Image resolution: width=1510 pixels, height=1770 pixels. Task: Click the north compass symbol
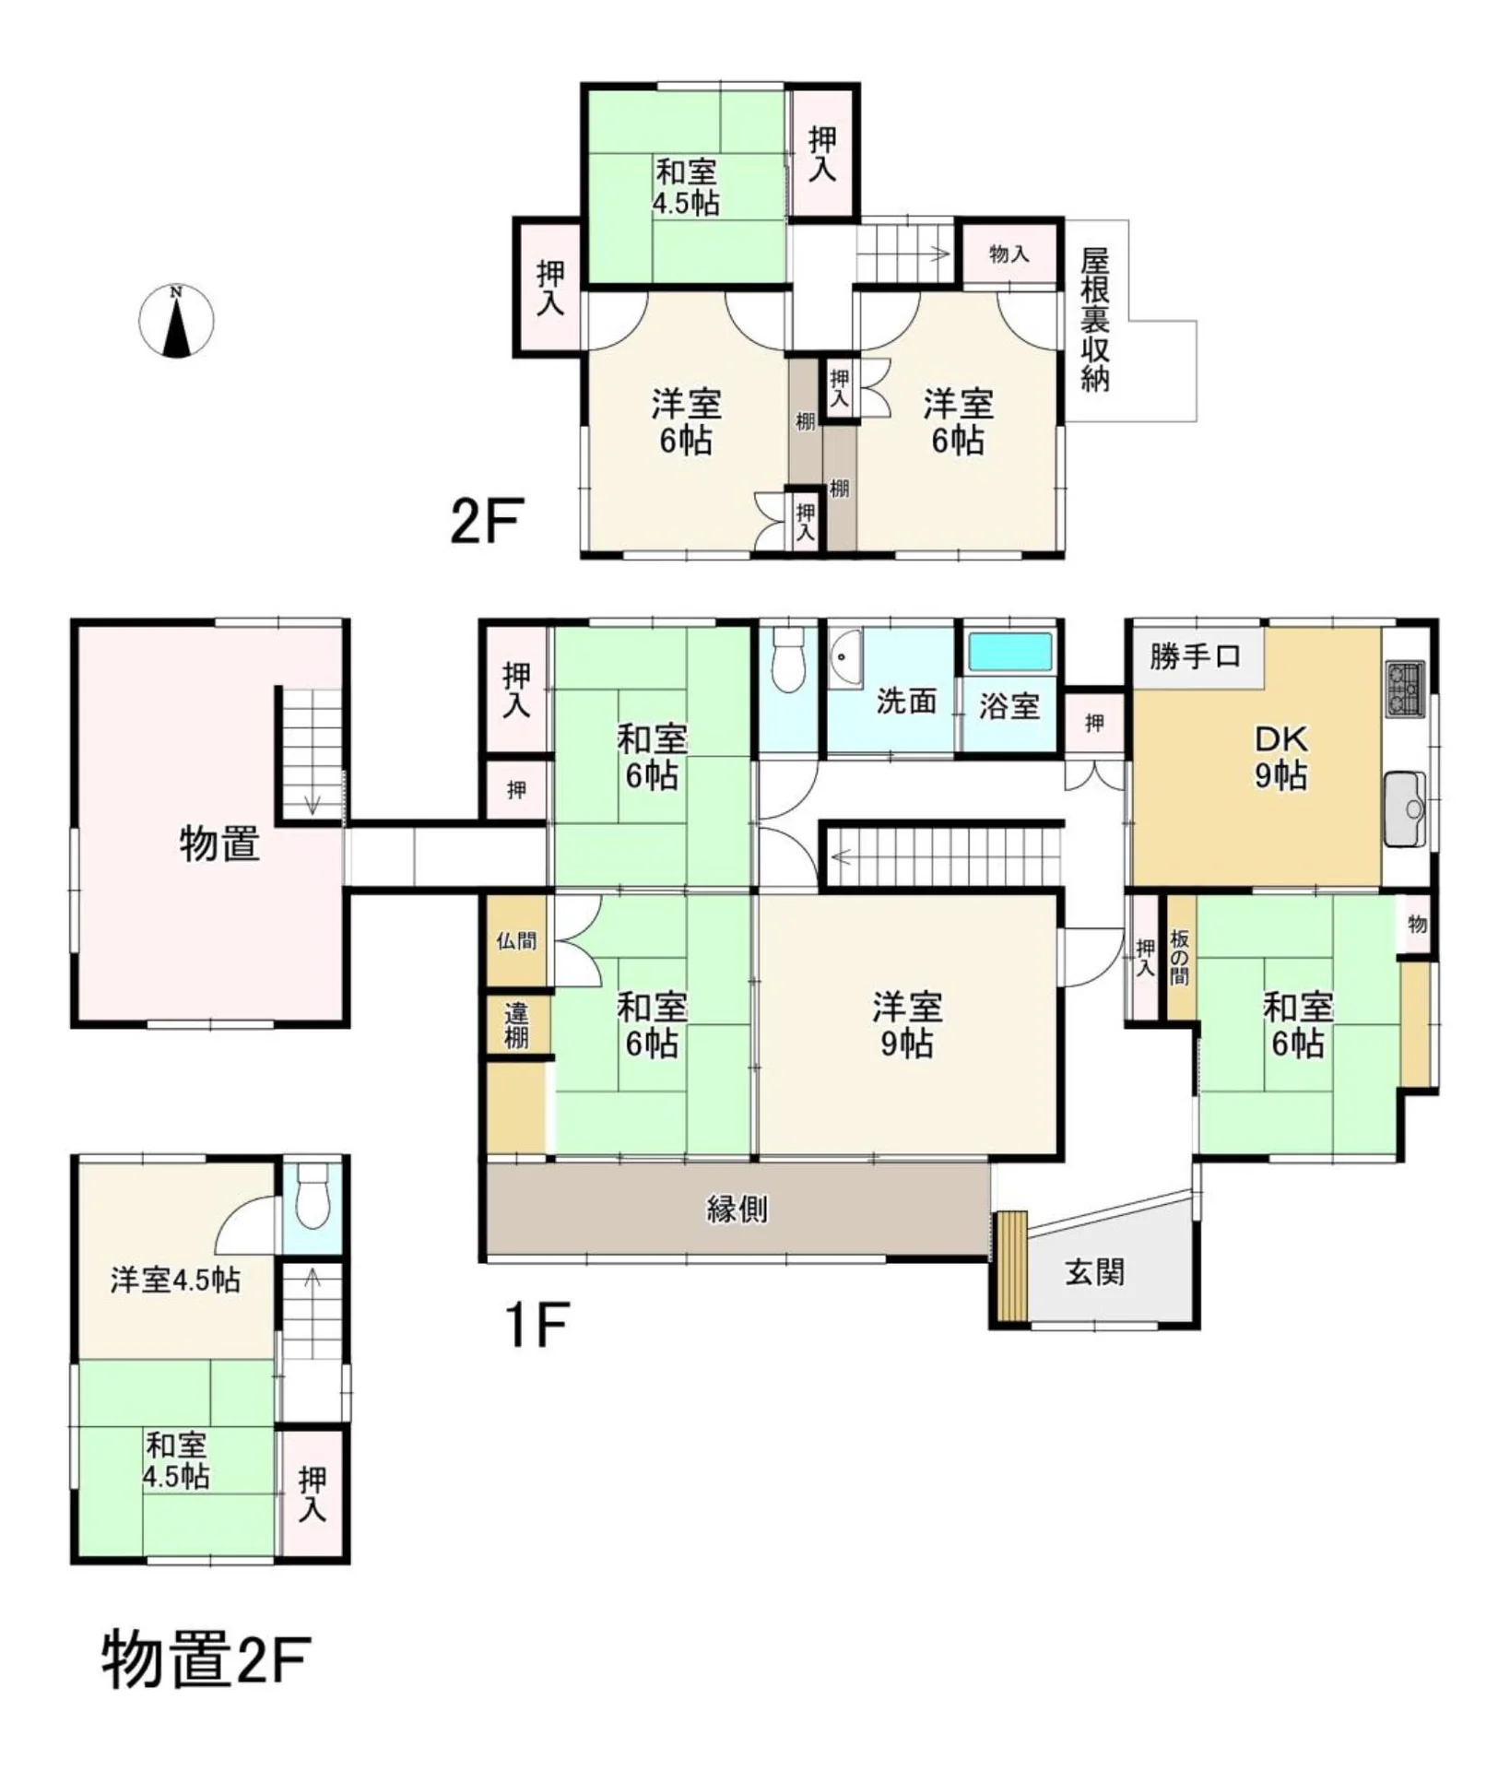pos(176,321)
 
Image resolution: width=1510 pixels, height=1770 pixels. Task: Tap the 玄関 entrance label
pos(1094,1272)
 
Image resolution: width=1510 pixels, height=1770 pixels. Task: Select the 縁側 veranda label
pos(737,1209)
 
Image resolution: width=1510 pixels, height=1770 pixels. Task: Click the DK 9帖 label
pos(1280,757)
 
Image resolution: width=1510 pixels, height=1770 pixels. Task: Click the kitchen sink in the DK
pos(1406,808)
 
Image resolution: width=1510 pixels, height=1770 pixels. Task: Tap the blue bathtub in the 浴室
pos(1010,652)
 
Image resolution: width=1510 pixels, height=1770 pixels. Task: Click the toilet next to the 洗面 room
pos(787,658)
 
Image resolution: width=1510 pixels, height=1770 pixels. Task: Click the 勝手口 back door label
pos(1195,656)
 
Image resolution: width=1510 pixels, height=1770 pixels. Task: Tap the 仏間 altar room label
pos(516,940)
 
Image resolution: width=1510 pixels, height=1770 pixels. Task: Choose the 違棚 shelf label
pos(516,1026)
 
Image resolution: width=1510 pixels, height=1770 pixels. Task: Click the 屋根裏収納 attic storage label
pos(1095,320)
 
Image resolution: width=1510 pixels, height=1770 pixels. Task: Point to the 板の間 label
pos(1180,957)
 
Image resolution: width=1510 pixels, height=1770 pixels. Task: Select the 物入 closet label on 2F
pos(1009,254)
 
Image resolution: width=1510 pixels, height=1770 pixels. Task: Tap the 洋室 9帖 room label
pos(907,1024)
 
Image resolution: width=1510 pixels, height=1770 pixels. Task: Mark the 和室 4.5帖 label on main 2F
pos(686,187)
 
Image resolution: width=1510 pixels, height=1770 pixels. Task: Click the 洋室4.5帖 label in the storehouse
pos(175,1280)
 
